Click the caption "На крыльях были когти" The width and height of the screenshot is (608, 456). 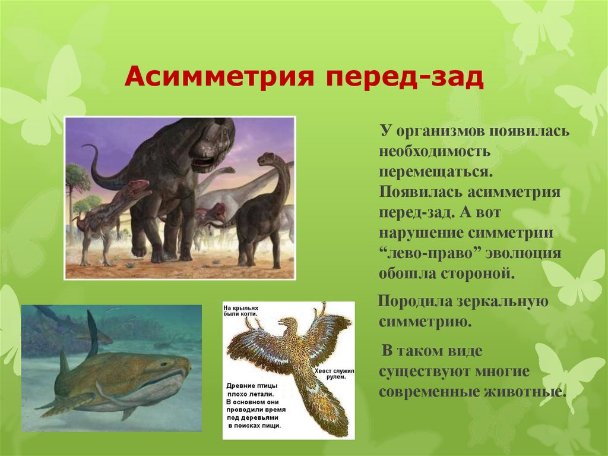pos(243,312)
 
